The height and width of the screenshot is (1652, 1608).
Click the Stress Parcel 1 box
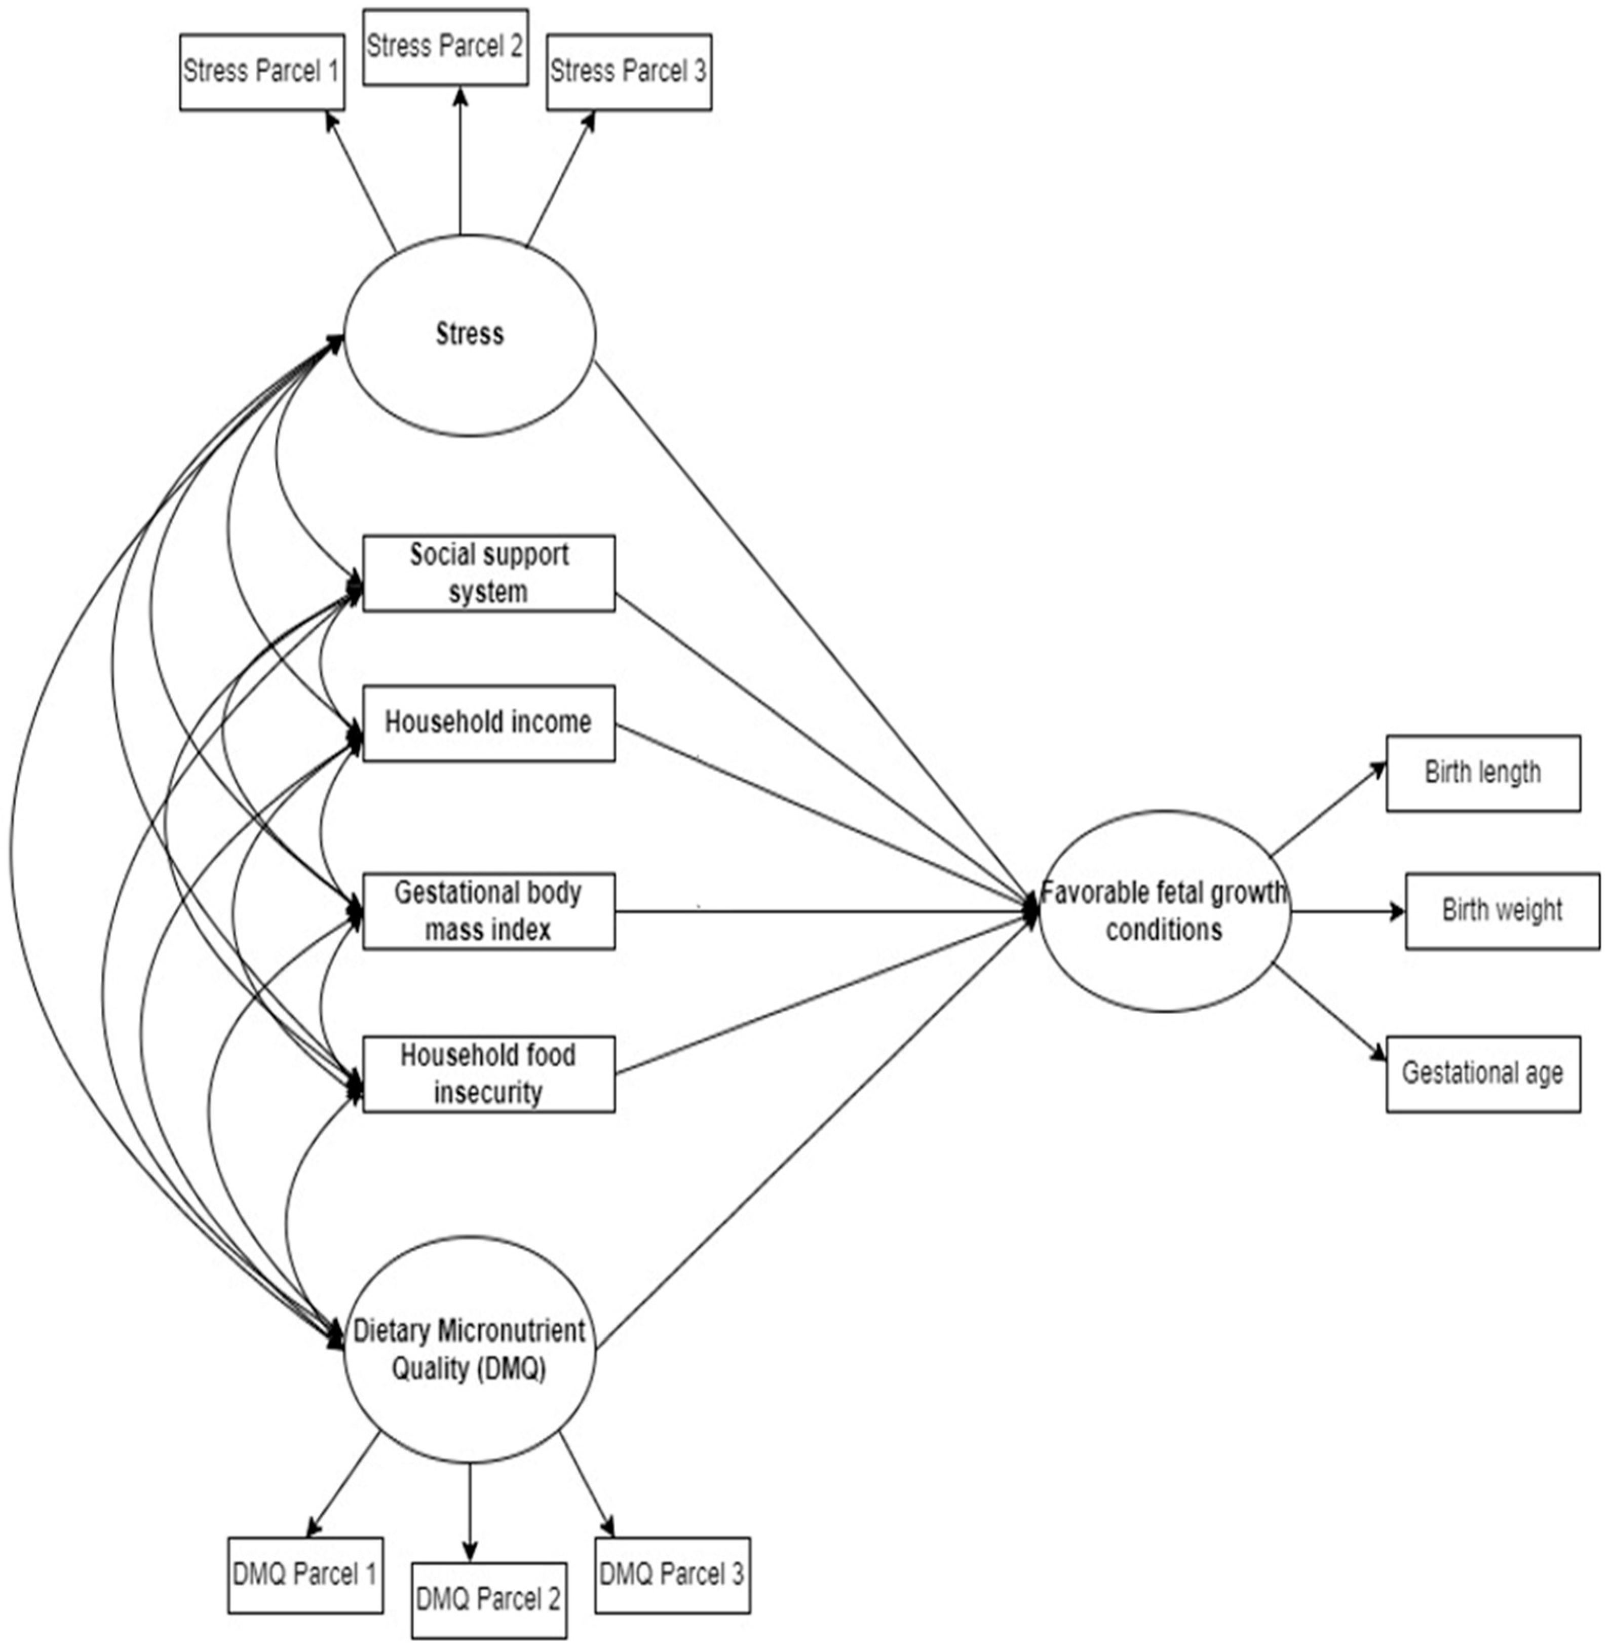[x=262, y=72]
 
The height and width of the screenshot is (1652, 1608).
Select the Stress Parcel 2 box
[x=445, y=47]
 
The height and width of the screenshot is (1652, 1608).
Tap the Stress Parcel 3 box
[x=628, y=72]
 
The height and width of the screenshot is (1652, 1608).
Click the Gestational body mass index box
[x=488, y=911]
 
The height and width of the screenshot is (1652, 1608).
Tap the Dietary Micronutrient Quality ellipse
[x=470, y=1350]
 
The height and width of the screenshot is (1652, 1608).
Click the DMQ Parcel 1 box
[x=305, y=1575]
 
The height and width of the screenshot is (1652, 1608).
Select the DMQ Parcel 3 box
[x=672, y=1575]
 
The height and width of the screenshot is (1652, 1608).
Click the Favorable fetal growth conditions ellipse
[x=1164, y=911]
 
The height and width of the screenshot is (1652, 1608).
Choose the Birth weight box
[x=1502, y=911]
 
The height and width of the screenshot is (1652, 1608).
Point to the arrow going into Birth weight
[x=1347, y=911]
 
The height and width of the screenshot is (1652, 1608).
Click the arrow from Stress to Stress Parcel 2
[x=461, y=161]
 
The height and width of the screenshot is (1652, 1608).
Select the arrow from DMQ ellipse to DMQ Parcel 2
[x=470, y=1512]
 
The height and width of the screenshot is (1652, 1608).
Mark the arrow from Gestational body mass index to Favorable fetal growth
[x=823, y=911]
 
